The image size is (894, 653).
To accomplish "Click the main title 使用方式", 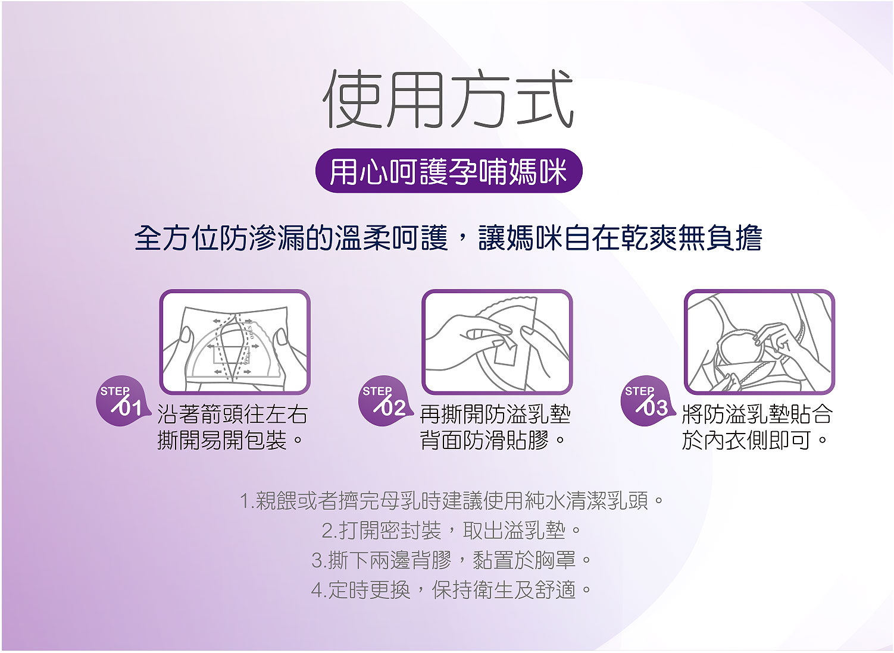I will (x=448, y=99).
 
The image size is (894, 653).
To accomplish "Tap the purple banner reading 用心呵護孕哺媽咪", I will (x=448, y=171).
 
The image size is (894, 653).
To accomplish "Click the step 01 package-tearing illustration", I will (x=235, y=342).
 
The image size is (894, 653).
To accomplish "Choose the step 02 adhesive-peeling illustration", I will (x=497, y=342).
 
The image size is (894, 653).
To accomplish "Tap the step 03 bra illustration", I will (x=759, y=342).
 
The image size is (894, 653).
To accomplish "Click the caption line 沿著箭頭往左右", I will (x=232, y=415).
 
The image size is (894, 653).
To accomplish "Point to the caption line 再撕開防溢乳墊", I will (x=495, y=415).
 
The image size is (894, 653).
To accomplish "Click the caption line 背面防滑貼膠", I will (x=492, y=441).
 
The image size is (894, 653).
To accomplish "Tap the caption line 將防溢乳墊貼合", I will (x=757, y=415).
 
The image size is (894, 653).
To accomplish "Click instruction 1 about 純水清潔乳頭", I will (x=451, y=501).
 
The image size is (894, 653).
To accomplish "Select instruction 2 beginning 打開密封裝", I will (x=451, y=530).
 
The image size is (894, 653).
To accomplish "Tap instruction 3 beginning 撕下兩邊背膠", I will (x=451, y=560).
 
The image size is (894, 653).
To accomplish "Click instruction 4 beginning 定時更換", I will (x=451, y=589).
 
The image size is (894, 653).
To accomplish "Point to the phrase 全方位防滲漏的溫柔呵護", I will (x=291, y=238).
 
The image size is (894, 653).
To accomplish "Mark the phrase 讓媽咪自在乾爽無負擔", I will (x=620, y=238).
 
